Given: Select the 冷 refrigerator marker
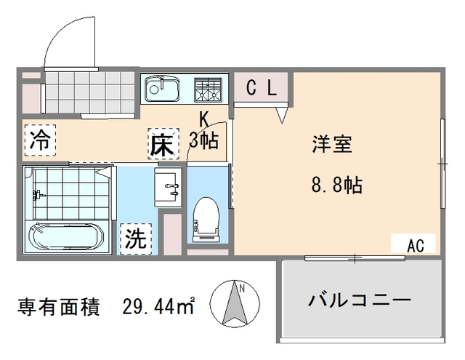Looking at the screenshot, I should coord(41,140).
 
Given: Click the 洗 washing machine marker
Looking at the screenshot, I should coord(136,239).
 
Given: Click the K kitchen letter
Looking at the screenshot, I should coord(204,119).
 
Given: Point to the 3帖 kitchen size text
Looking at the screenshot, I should coord(203,140).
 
